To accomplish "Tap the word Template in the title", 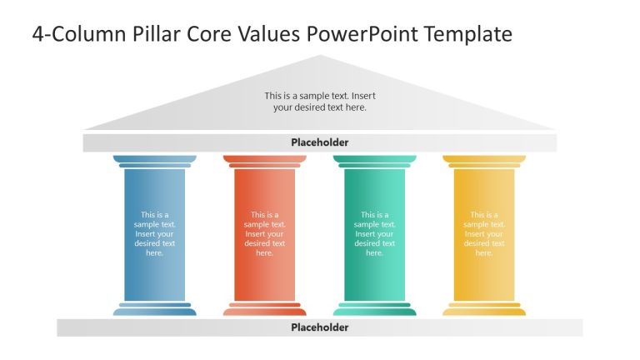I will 468,34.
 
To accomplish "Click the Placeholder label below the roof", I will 319,142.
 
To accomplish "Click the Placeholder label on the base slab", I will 319,327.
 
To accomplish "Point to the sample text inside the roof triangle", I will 319,102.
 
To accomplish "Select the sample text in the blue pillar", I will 155,233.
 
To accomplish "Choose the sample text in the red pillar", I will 264,233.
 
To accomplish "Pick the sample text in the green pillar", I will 374,233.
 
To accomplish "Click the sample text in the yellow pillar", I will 484,233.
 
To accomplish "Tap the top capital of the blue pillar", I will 155,159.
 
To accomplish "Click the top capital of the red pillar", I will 264,159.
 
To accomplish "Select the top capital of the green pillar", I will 374,159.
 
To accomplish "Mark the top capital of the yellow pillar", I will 484,159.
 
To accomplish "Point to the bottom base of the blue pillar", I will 155,311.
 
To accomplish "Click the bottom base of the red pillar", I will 264,311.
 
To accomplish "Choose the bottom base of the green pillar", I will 374,311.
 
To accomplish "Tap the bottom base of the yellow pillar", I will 484,311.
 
